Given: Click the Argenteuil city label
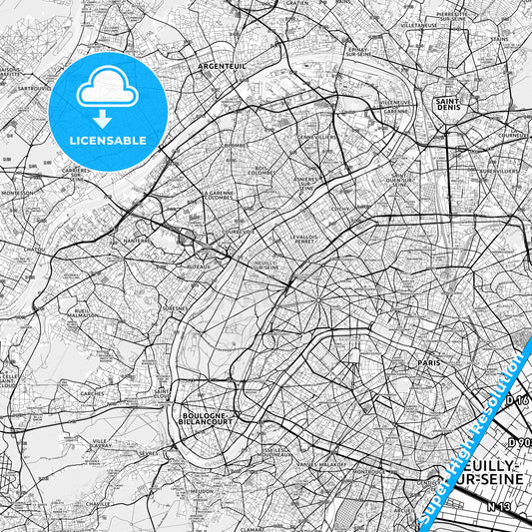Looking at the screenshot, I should [222, 66].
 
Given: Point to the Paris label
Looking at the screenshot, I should [429, 363].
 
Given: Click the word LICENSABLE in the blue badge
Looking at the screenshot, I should [108, 140].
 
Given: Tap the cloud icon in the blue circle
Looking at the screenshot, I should [107, 88].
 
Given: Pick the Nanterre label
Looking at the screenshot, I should [135, 240].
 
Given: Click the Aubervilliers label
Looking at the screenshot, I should [495, 171].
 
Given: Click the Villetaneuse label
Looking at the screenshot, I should [419, 24].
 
